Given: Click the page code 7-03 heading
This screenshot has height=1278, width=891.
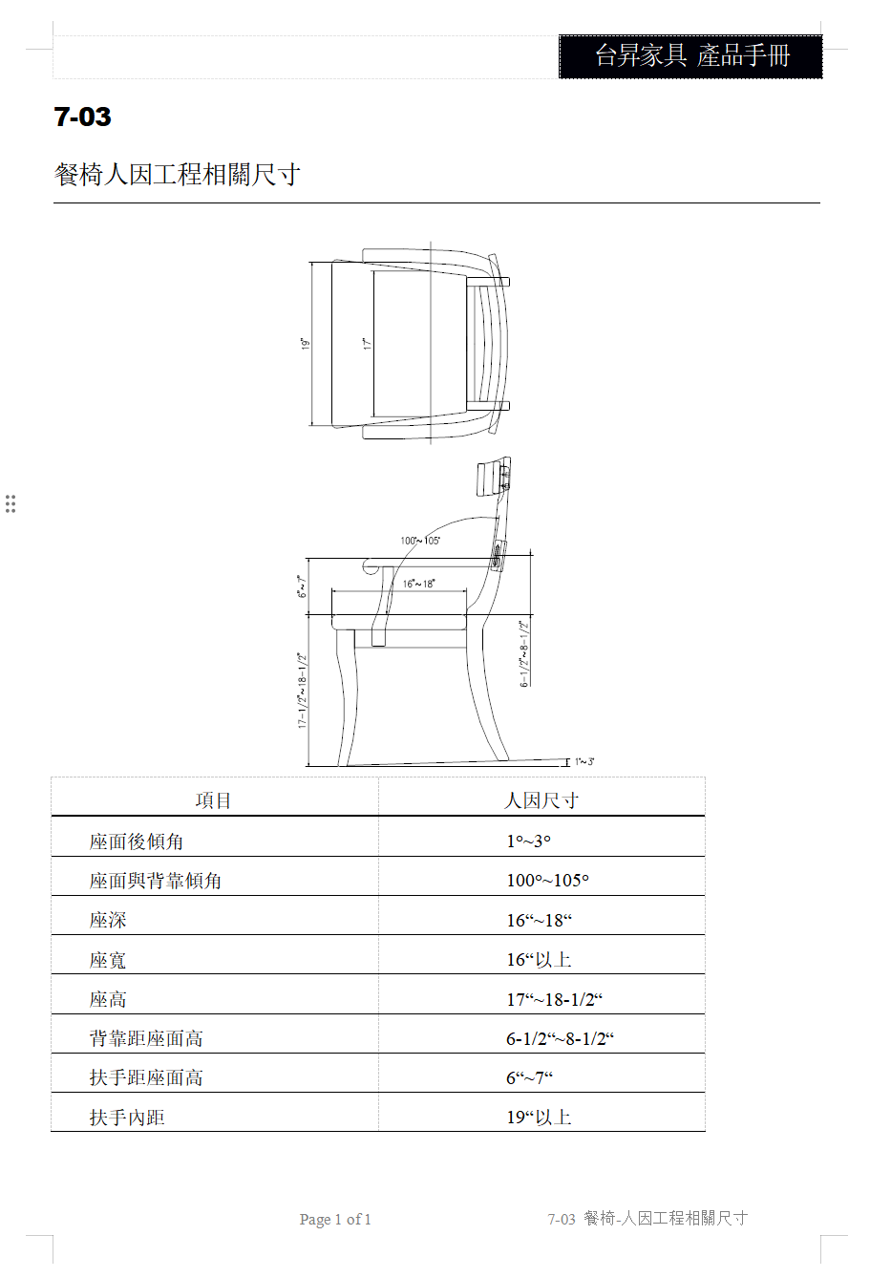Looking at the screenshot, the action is click(82, 117).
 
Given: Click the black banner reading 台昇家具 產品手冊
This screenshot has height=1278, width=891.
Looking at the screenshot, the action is click(690, 56).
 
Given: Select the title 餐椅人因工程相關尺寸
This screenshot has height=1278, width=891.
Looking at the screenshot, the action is click(177, 174).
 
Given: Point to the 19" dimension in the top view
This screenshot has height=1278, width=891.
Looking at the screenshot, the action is click(306, 344).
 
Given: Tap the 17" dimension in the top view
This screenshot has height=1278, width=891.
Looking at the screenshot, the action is click(368, 344).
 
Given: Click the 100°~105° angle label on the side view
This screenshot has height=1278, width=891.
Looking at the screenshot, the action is click(420, 541).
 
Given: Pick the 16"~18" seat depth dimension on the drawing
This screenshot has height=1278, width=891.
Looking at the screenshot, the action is click(418, 584).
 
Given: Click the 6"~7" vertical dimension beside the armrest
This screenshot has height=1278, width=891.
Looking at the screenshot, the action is click(302, 586).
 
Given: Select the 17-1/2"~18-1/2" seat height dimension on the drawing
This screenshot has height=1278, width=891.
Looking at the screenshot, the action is click(303, 691).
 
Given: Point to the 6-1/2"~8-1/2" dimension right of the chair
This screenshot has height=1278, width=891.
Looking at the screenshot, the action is click(524, 654).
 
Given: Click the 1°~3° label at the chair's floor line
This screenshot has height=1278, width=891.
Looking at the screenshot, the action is click(584, 761).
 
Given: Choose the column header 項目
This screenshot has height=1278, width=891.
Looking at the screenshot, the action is click(213, 800).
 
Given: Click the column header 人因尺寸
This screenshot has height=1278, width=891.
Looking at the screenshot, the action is click(541, 800).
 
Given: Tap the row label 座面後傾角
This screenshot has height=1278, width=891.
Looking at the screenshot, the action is click(137, 841).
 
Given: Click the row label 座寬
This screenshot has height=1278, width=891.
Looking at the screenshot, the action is click(108, 960).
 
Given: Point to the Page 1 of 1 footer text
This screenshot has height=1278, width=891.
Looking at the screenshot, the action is click(335, 1219).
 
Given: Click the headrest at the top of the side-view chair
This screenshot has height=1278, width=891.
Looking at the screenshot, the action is click(494, 475).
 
